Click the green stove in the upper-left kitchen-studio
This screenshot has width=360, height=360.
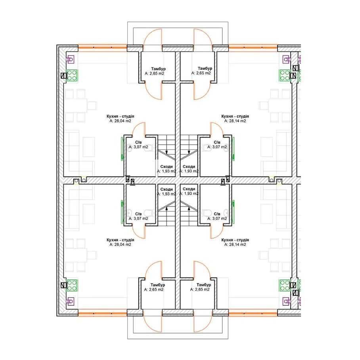click(72, 76)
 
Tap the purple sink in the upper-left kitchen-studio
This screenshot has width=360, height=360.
click(70, 59)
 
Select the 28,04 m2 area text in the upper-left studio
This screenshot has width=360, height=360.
click(120, 121)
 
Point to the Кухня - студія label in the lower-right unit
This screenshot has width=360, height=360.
click(235, 240)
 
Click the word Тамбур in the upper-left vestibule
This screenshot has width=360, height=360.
click(159, 69)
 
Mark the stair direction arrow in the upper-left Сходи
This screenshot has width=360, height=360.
click(167, 152)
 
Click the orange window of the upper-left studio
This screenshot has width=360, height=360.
click(102, 48)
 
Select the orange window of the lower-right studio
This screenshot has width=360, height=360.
click(253, 313)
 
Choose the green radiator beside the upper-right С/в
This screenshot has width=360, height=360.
click(233, 149)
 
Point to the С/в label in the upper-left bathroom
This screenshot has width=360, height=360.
click(138, 142)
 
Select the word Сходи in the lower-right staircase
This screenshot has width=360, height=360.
click(189, 189)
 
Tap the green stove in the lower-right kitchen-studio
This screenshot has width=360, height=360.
click(285, 285)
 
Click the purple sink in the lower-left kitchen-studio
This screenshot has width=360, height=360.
click(70, 301)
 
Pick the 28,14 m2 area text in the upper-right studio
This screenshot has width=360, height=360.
click(235, 121)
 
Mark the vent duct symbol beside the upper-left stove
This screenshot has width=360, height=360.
click(63, 76)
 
